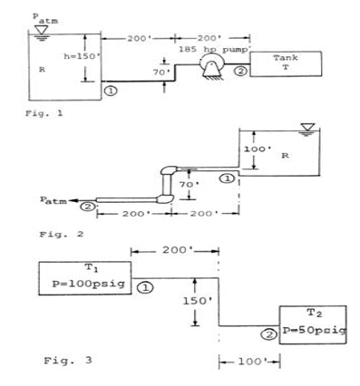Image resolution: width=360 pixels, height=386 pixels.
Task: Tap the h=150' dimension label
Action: [57, 55]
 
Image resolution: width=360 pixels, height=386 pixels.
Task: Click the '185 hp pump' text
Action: [213, 46]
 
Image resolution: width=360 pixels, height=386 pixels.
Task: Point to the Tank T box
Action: [284, 62]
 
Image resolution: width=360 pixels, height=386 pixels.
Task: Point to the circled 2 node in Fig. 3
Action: [268, 333]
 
